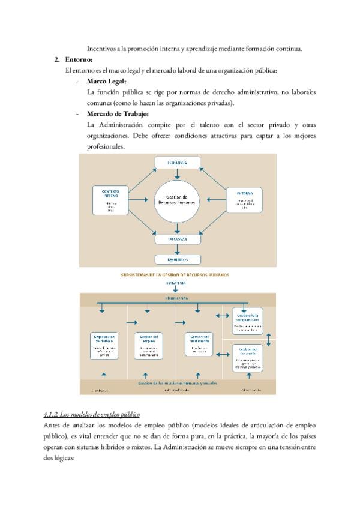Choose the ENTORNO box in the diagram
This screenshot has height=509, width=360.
(244, 199)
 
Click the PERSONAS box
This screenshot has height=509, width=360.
(178, 239)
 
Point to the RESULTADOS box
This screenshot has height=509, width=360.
(178, 259)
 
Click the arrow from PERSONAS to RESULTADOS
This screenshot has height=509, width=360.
(178, 249)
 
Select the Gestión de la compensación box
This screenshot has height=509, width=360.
(247, 321)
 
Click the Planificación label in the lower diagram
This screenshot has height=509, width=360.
(177, 298)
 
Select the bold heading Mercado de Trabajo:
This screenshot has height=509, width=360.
(118, 114)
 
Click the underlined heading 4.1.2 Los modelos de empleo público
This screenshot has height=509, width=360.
(91, 414)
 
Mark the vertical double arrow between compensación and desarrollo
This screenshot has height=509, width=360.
(269, 339)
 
